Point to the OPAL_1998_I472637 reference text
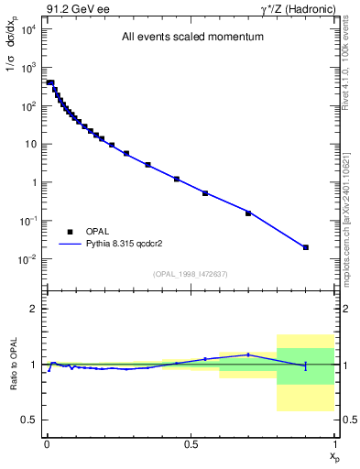click(x=191, y=274)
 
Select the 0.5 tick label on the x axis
click(x=191, y=442)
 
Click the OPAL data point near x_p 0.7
click(x=248, y=213)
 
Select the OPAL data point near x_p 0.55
click(x=205, y=193)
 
